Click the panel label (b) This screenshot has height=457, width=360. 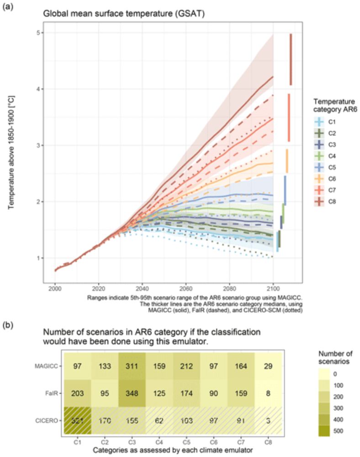click(9, 325)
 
